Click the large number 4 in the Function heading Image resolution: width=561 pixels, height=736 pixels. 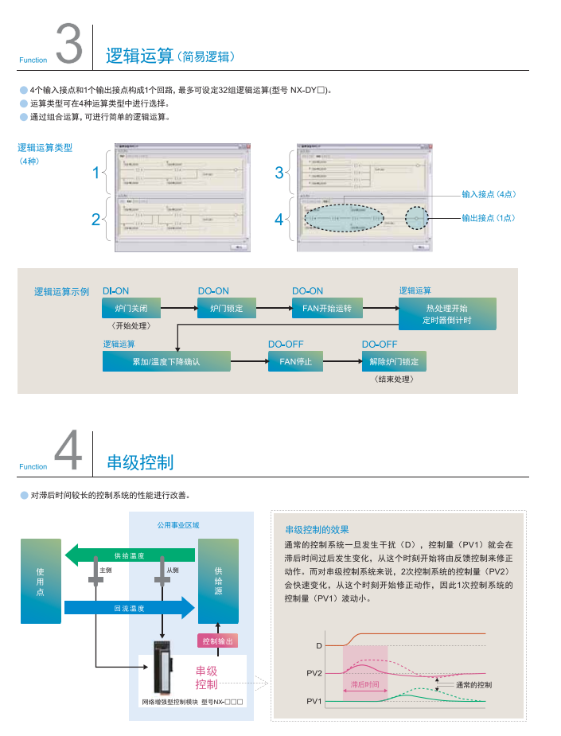click(x=69, y=451)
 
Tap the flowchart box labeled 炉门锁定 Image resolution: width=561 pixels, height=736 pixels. click(x=227, y=307)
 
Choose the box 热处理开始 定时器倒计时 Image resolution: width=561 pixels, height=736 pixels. click(x=447, y=313)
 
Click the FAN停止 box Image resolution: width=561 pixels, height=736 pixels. click(x=296, y=362)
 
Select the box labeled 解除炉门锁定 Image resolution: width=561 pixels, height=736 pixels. click(x=394, y=362)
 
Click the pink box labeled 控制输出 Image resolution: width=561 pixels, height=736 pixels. click(x=217, y=641)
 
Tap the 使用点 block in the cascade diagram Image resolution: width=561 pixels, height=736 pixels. click(x=41, y=582)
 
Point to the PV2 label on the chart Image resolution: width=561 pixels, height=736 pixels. click(x=314, y=673)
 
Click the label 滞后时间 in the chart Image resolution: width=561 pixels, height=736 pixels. click(x=365, y=684)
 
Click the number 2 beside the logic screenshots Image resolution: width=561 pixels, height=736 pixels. click(x=95, y=219)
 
